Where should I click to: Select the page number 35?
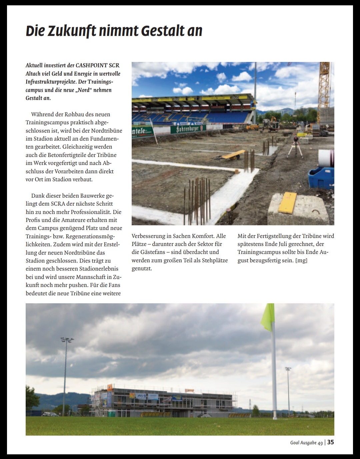point(330,442)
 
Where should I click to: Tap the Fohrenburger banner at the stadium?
point(188,129)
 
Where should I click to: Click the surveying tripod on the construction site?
point(295,147)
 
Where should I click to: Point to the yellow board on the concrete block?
point(287,202)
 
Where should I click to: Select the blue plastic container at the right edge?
point(321,178)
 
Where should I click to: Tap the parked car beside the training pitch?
point(50,414)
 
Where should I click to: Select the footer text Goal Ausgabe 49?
point(306,443)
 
